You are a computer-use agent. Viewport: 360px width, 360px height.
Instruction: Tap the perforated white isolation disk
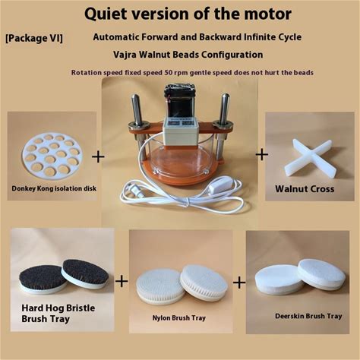point(52,155)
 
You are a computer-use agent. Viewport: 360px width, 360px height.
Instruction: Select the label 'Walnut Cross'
point(305,189)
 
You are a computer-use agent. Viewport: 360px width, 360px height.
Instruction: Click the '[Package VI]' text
point(34,38)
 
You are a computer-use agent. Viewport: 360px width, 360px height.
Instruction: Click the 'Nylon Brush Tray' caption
point(178,317)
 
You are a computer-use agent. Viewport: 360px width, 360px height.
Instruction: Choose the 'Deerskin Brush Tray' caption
point(308,316)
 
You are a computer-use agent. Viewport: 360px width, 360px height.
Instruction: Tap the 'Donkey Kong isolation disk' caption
point(54,188)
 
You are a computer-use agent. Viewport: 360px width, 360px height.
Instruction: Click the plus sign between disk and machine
point(98,156)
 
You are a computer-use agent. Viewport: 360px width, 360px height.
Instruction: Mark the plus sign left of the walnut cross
point(262,154)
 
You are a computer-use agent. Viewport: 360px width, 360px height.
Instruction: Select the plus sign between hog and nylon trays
point(122,281)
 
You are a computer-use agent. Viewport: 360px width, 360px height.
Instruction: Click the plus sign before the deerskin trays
point(239,283)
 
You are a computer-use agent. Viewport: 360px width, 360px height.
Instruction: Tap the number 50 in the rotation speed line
point(169,73)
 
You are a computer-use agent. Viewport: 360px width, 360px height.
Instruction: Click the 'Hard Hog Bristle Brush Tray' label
point(58,314)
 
